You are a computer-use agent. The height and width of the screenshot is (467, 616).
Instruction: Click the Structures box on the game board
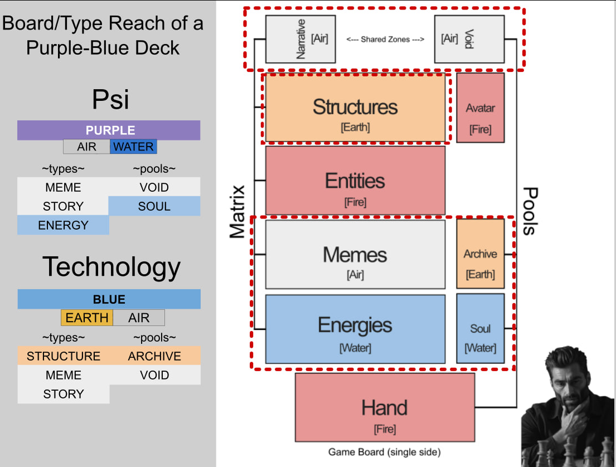[355, 107]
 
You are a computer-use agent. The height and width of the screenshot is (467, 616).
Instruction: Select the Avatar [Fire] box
[480, 108]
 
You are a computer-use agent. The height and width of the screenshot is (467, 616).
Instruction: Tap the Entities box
[355, 181]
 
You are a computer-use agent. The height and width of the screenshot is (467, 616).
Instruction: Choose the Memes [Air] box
[355, 254]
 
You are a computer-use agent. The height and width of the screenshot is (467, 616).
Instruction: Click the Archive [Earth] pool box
[480, 254]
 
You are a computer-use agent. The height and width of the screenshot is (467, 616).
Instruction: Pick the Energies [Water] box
[355, 328]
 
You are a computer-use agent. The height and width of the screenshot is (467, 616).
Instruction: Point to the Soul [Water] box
[480, 328]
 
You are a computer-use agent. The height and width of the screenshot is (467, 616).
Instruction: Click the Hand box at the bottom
[385, 407]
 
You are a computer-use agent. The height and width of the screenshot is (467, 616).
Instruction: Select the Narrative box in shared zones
[300, 39]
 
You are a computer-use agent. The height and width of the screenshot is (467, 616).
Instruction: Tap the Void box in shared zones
[469, 39]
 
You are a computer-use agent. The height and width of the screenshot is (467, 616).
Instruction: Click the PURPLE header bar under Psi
[109, 130]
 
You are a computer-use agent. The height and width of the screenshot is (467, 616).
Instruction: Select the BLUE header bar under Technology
[109, 299]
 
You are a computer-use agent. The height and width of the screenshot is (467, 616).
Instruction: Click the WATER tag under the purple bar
[133, 147]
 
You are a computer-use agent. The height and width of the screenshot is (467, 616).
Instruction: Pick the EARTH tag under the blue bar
[87, 318]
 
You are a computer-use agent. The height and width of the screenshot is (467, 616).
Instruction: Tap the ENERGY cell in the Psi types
[63, 225]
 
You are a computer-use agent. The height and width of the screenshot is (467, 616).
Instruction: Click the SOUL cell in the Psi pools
[154, 206]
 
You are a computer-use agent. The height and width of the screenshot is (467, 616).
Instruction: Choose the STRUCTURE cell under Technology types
[64, 356]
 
